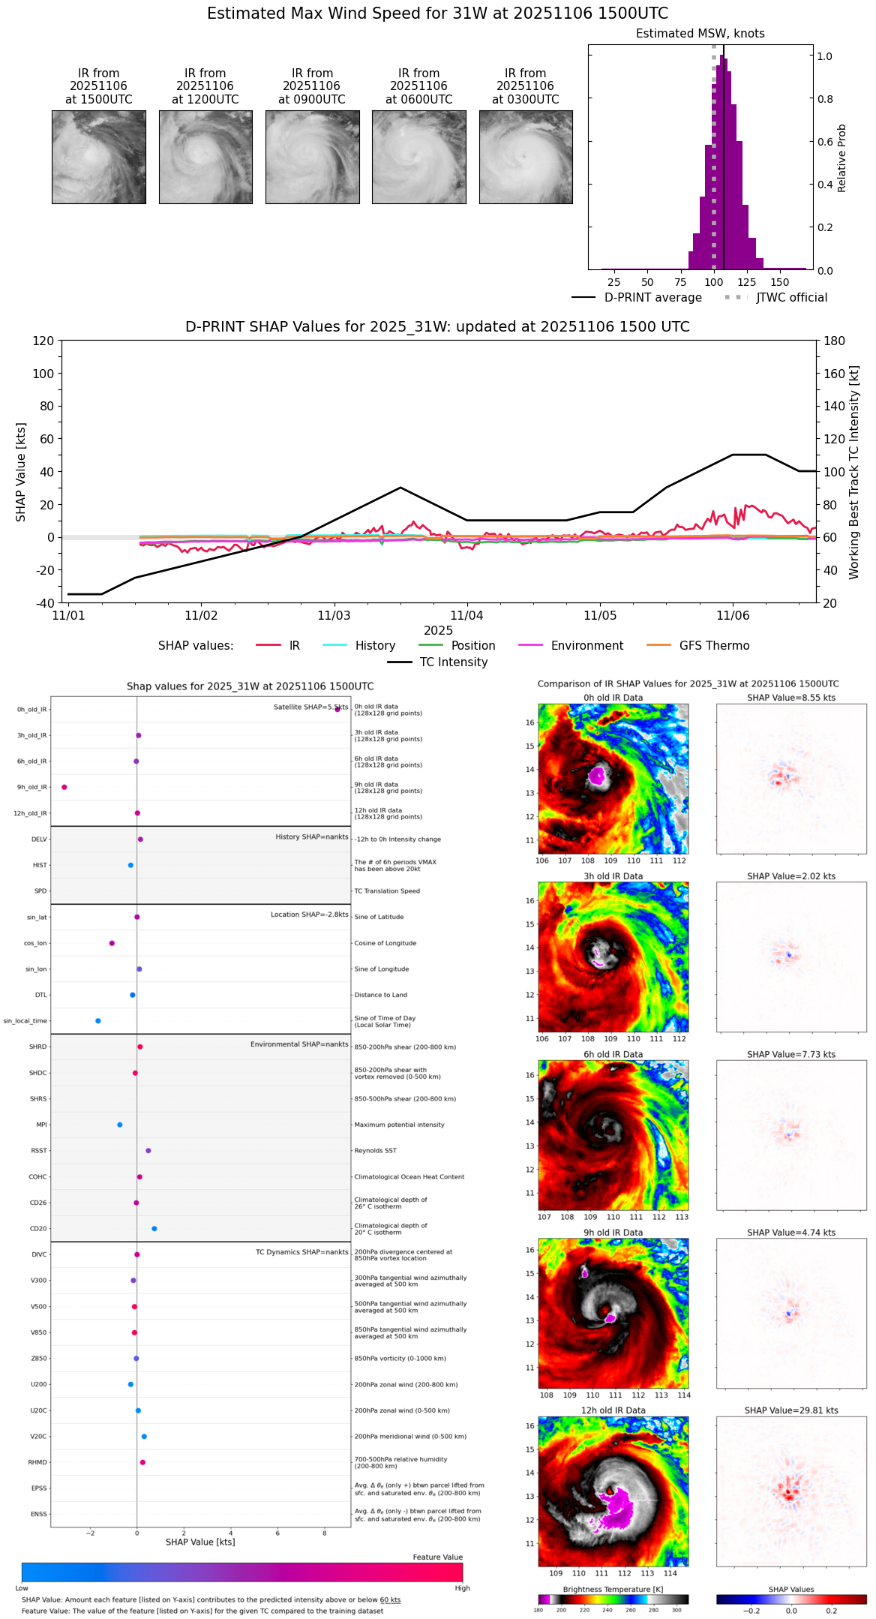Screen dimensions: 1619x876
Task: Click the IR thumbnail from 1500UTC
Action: pos(99,157)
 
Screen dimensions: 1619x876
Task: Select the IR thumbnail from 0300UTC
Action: pos(526,157)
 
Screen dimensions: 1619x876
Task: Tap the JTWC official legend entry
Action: pos(791,298)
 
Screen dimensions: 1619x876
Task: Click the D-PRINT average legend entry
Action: pos(652,298)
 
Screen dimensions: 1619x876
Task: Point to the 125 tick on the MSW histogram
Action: pos(746,282)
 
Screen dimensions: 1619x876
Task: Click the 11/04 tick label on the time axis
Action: pos(466,616)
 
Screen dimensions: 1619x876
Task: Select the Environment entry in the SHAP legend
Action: pos(586,646)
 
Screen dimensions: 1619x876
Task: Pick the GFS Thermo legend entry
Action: pos(714,646)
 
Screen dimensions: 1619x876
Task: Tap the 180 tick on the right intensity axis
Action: pos(834,341)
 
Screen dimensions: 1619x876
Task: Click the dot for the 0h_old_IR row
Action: pos(337,709)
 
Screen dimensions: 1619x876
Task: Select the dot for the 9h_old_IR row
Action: pos(64,787)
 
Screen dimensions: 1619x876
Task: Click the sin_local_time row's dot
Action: pos(98,1021)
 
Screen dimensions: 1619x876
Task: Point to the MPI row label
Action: pos(41,1125)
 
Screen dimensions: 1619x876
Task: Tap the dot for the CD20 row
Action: pos(154,1229)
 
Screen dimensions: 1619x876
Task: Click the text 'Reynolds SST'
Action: pos(375,1151)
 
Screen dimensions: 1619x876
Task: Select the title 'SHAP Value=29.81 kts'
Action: pos(791,1410)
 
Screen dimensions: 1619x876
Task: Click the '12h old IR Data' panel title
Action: pos(613,1410)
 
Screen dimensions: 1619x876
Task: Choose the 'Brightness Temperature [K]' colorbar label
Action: pos(613,1589)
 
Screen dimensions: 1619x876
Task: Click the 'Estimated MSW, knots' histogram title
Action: pos(700,34)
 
